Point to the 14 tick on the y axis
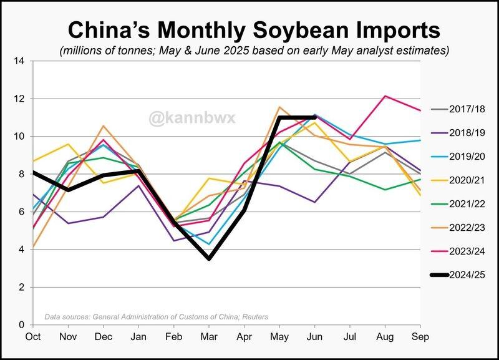click(x=19, y=61)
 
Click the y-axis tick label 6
click(x=21, y=212)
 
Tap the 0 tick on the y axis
click(x=21, y=325)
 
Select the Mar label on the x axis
click(x=210, y=336)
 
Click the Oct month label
click(x=32, y=336)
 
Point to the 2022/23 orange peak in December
click(x=104, y=126)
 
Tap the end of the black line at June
click(x=316, y=117)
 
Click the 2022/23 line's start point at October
click(x=32, y=247)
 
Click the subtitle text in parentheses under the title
click(x=254, y=51)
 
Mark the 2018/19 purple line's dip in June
click(x=316, y=202)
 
